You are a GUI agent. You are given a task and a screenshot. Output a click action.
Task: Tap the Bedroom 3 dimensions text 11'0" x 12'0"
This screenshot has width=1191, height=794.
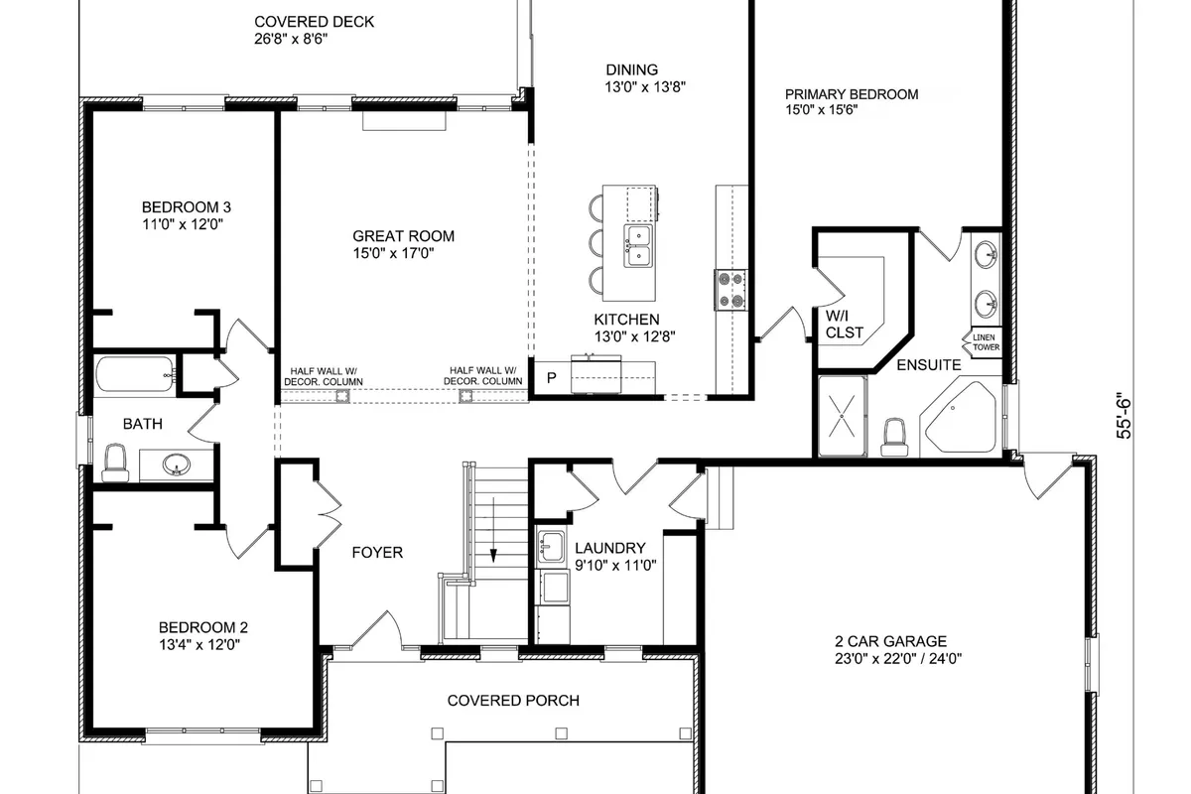186,224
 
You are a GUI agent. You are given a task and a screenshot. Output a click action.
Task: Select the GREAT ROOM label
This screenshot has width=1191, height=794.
404,236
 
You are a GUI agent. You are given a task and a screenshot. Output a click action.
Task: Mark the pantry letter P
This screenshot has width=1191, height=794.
552,378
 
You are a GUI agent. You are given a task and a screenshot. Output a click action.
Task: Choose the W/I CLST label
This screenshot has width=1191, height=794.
845,325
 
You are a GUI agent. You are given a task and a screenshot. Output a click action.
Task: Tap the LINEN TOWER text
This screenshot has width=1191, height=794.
986,342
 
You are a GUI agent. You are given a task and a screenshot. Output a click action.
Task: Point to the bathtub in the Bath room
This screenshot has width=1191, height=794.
134,376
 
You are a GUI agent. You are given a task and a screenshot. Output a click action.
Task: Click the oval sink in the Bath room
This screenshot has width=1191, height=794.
177,464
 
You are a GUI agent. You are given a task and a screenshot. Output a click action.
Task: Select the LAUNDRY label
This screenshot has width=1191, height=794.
610,548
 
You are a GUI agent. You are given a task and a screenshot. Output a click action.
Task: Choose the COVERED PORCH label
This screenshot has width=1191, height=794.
513,701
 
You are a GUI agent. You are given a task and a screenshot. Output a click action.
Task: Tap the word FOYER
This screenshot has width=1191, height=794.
377,552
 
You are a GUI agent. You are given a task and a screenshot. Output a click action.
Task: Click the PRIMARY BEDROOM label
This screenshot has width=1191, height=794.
852,94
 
